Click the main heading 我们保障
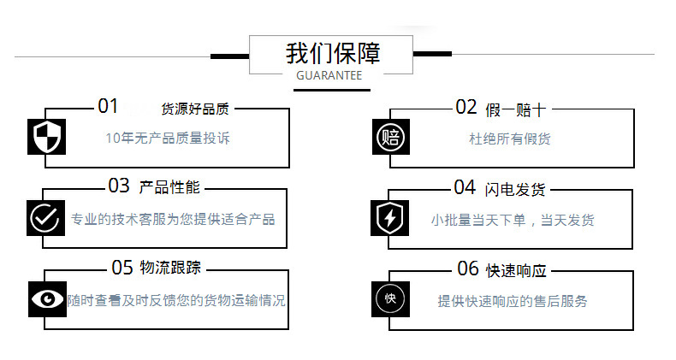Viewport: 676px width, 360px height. [x=333, y=53]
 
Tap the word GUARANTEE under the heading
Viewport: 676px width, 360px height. [x=329, y=76]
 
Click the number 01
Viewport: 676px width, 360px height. [x=108, y=107]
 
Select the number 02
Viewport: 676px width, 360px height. [x=465, y=107]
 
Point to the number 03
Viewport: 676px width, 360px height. [x=119, y=186]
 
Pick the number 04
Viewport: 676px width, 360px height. [x=465, y=187]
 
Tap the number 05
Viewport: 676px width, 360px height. [x=122, y=268]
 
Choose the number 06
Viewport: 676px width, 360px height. [x=467, y=269]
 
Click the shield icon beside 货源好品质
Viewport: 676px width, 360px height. [x=46, y=137]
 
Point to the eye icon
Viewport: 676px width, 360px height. [x=46, y=298]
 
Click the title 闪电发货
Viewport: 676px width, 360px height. [x=514, y=188]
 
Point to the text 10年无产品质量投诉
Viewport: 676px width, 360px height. [x=167, y=139]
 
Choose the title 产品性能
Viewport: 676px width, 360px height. [x=169, y=187]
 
